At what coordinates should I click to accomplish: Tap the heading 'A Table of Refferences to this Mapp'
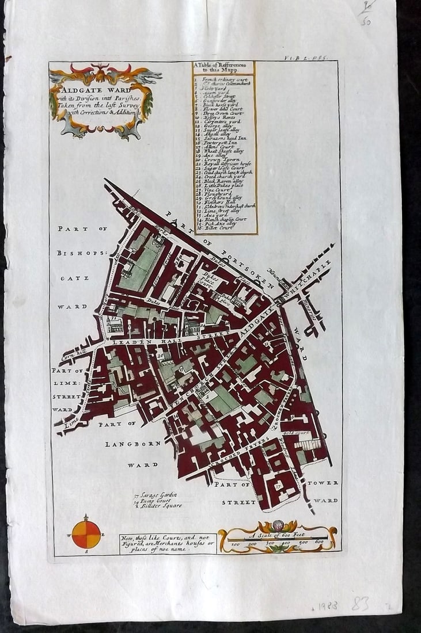pos(224,68)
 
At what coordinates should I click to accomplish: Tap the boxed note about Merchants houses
pos(168,543)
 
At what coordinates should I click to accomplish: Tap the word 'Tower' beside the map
pos(323,483)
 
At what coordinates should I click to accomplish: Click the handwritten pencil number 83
pos(360,604)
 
